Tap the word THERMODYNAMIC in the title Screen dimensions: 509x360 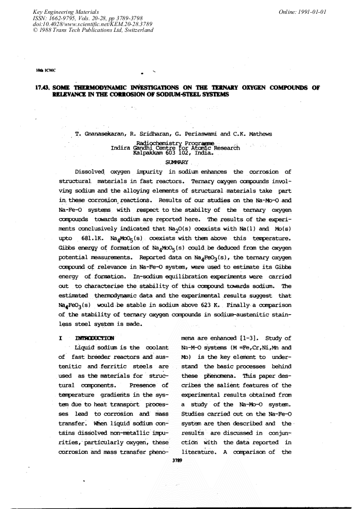click(94, 88)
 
